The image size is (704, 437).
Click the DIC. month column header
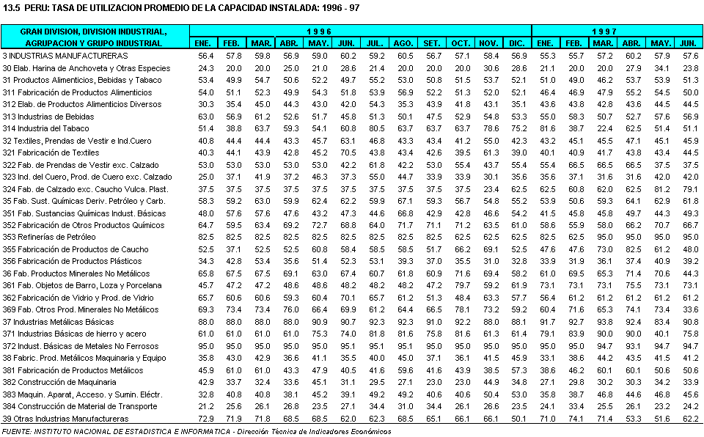[x=519, y=43]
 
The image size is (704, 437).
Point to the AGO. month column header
[x=404, y=43]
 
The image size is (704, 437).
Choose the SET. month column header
[x=433, y=43]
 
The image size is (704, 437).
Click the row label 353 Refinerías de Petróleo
[x=49, y=237]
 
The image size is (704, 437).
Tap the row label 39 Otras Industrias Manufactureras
[x=65, y=418]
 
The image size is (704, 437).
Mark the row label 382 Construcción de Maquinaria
[x=59, y=382]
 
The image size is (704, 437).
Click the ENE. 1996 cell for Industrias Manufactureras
[x=205, y=55]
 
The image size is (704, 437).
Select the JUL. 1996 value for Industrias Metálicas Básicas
[x=376, y=321]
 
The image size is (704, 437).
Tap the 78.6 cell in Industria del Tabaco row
[x=491, y=128]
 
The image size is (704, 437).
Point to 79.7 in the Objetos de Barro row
[x=462, y=285]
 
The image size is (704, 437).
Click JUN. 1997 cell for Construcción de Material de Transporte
[x=689, y=406]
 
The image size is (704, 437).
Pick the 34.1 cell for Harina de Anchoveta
[x=661, y=67]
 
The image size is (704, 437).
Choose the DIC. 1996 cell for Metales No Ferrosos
[x=519, y=345]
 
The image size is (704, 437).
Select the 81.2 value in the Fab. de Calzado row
[x=661, y=188]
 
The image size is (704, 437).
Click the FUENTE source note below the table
[x=197, y=431]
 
